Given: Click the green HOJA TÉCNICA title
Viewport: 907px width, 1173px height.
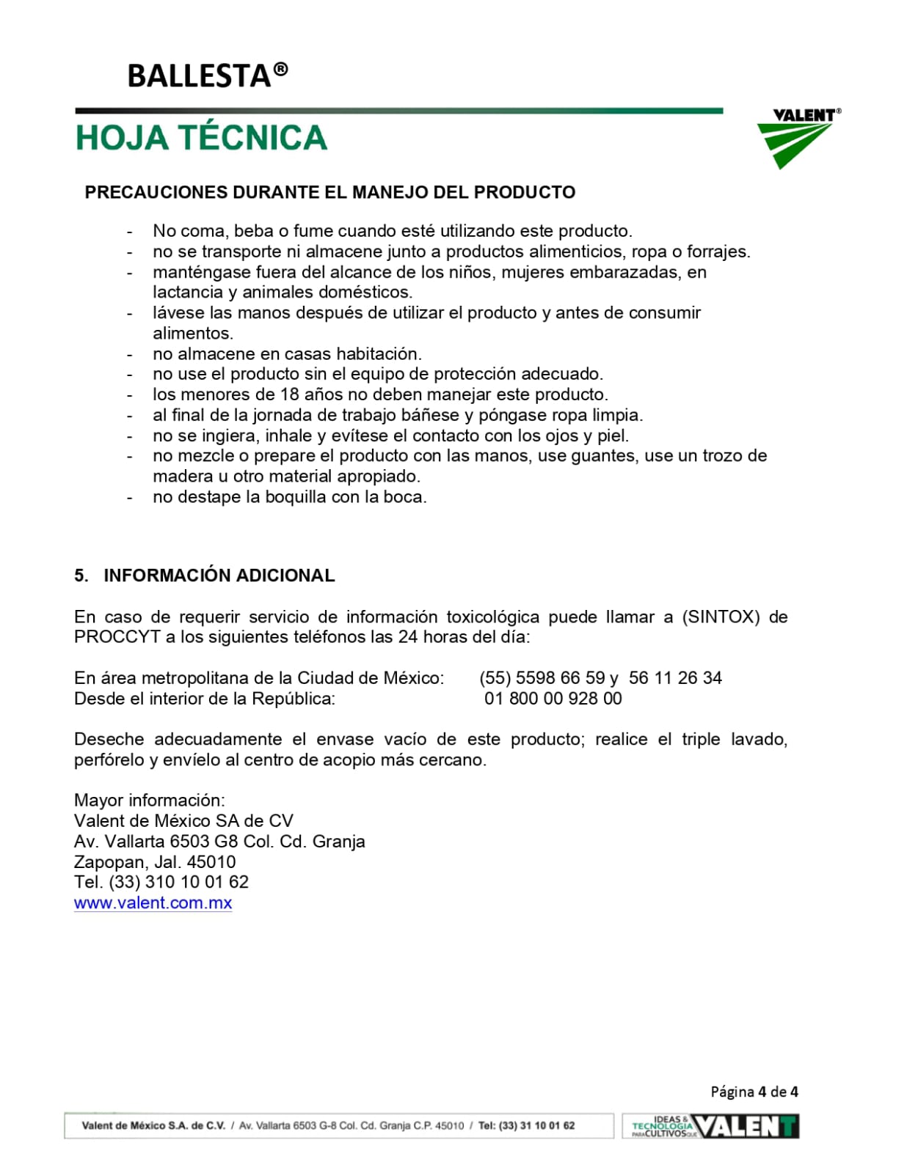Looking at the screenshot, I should pyautogui.click(x=201, y=138).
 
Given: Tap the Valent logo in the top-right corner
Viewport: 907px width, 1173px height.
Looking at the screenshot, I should pyautogui.click(x=798, y=137).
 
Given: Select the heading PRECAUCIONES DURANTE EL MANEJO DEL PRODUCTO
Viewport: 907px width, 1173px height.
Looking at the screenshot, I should pyautogui.click(x=329, y=192).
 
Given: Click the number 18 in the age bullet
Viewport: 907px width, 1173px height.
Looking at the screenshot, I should pyautogui.click(x=289, y=394).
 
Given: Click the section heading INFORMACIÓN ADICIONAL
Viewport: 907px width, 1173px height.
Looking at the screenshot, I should pyautogui.click(x=219, y=576).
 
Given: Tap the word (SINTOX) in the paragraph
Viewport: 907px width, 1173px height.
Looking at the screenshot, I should pyautogui.click(x=721, y=617).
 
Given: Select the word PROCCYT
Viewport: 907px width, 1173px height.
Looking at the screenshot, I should pyautogui.click(x=117, y=637).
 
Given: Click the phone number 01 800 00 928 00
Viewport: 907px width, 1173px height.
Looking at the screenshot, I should pyautogui.click(x=553, y=699).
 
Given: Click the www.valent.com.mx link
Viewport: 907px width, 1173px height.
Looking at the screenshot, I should pyautogui.click(x=153, y=903).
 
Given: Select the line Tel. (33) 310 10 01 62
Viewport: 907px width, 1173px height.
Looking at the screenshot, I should pyautogui.click(x=161, y=883).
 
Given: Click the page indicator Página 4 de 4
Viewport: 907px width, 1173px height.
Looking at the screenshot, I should pyautogui.click(x=754, y=1092).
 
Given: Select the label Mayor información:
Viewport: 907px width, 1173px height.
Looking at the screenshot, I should pyautogui.click(x=150, y=801).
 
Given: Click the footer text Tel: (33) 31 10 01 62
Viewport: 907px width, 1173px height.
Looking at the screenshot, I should pyautogui.click(x=526, y=1125).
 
